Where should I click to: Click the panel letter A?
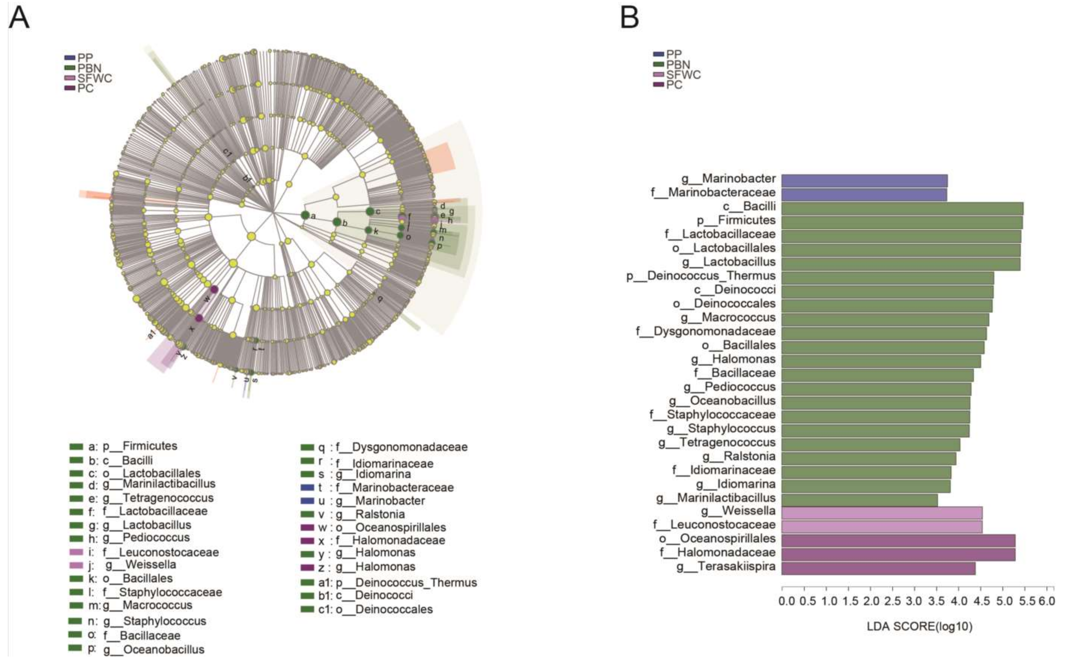pos(19,18)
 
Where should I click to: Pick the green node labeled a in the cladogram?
pos(305,215)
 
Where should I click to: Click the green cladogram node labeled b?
pos(336,222)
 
